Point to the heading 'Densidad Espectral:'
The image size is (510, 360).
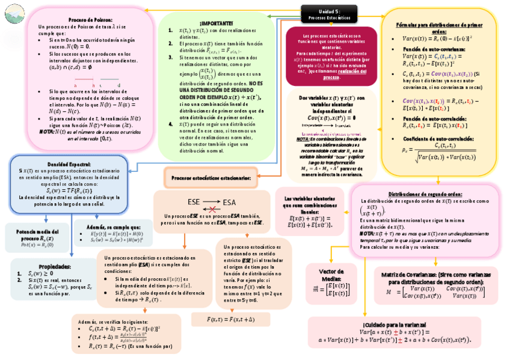[x=69, y=164]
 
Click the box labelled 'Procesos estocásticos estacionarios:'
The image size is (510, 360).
[x=211, y=178]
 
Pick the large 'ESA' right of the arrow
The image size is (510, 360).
[x=232, y=201]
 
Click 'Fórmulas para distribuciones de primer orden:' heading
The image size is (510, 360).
[x=440, y=28]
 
